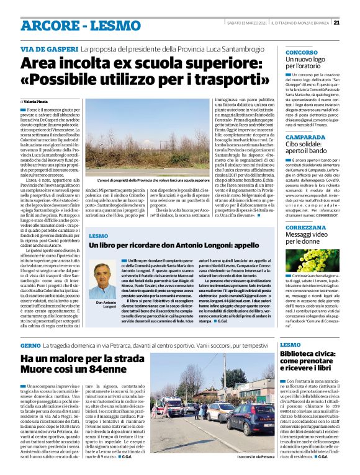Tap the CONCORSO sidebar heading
point(302,53)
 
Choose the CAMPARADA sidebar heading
point(305,136)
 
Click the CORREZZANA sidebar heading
point(308,228)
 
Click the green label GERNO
point(30,344)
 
